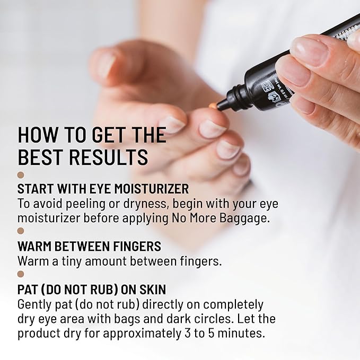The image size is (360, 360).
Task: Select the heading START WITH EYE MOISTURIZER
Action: [103, 189]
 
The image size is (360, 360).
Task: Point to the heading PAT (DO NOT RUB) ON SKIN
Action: [92, 290]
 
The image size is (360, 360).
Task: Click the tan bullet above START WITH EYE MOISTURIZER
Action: [21, 174]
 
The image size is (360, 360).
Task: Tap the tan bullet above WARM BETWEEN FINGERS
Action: [21, 231]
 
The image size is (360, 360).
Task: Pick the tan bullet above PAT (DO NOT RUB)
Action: [21, 274]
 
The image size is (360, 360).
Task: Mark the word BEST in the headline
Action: [37, 157]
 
